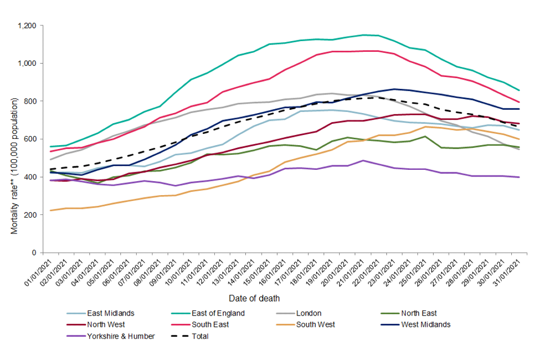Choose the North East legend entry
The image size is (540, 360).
coord(418,313)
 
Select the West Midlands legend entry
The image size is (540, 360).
coord(426,325)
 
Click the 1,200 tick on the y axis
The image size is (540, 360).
coord(28,26)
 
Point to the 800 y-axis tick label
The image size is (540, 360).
coord(31,101)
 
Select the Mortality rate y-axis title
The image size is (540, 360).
coord(15,165)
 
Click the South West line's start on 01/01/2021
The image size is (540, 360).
coord(51,210)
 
